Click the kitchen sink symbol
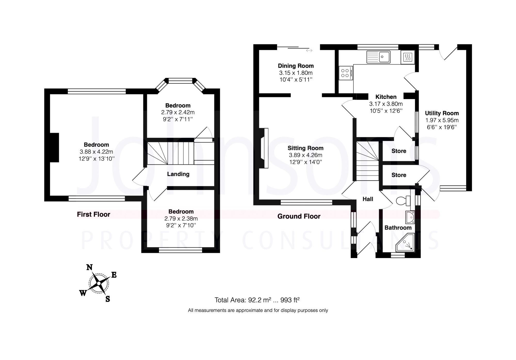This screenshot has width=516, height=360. click(378, 57)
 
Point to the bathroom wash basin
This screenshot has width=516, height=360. click(410, 217)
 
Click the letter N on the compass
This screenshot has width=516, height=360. click(89, 267)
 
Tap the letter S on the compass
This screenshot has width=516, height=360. click(108, 299)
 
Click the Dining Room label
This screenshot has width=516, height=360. click(296, 66)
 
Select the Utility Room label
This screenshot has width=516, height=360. click(442, 113)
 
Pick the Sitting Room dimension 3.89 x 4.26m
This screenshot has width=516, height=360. click(305, 155)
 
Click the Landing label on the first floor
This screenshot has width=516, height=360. click(178, 174)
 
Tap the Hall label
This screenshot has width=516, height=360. click(368, 199)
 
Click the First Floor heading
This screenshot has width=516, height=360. click(93, 214)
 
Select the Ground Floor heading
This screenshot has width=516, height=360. click(299, 216)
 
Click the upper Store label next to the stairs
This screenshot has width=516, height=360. click(399, 151)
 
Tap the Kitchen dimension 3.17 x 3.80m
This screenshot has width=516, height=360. click(386, 104)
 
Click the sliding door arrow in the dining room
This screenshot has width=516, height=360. click(309, 51)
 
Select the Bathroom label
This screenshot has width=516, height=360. click(398, 228)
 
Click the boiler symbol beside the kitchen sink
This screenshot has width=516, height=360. click(408, 57)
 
